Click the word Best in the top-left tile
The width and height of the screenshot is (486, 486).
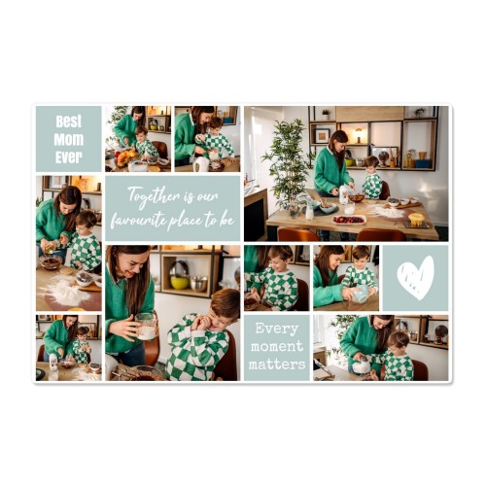pos(69,121)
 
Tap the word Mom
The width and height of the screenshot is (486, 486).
pos(69,140)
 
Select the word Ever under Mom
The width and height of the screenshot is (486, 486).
pos(69,157)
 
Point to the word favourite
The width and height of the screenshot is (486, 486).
pos(139,221)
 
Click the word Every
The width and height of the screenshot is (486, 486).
pos(277,329)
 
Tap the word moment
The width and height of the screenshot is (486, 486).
pos(277,347)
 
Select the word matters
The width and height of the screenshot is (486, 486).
pos(277,364)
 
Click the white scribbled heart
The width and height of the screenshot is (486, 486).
pos(416,278)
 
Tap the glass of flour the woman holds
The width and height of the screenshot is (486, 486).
pos(146,327)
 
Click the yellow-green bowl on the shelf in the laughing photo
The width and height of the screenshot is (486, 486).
pos(179,283)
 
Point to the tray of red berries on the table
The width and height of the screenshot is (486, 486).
pos(349,220)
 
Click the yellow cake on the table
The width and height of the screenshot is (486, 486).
pos(416,220)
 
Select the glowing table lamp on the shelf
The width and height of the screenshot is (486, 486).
pos(359,135)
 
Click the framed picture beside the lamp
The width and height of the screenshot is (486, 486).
pos(322,136)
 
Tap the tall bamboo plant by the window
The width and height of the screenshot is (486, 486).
pos(286,163)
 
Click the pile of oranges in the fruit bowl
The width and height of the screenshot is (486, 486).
pos(125,157)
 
